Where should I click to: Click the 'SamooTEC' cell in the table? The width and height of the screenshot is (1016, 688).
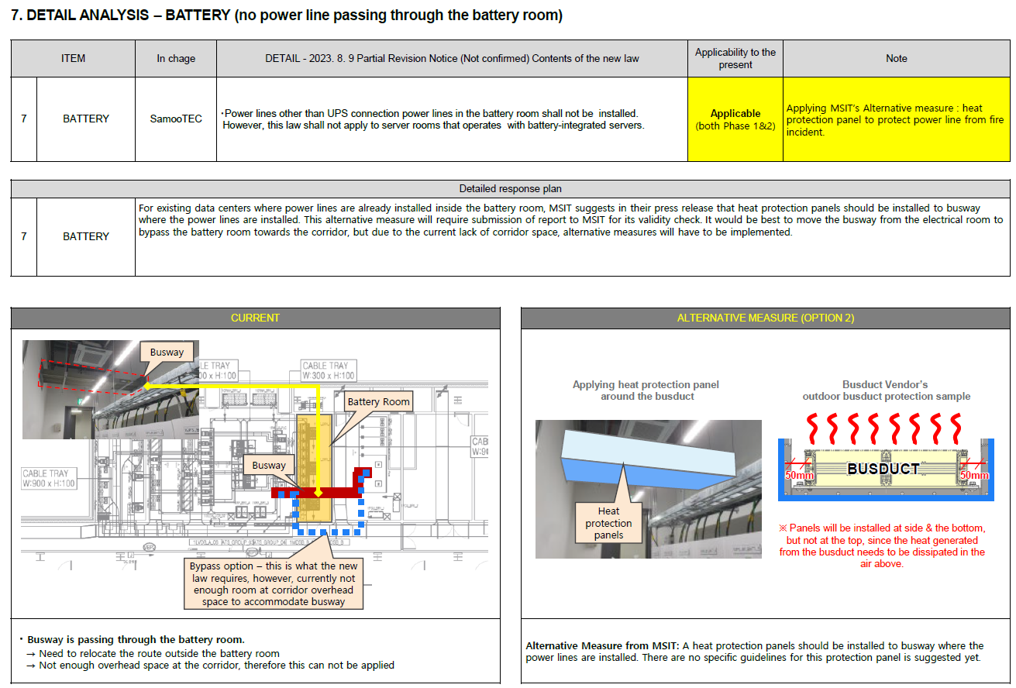(176, 119)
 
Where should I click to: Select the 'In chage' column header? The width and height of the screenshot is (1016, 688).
(176, 58)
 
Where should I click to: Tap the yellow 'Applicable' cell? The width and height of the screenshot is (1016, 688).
(735, 119)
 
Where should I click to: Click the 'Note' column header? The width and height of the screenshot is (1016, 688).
(896, 58)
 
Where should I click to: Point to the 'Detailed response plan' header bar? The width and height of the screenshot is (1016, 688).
(510, 188)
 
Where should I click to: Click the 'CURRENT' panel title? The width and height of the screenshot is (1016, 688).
(255, 318)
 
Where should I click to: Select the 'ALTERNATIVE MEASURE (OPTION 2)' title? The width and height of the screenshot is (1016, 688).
(765, 318)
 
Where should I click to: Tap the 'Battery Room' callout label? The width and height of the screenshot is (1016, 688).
(378, 401)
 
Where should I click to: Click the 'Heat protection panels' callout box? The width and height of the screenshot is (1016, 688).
(608, 522)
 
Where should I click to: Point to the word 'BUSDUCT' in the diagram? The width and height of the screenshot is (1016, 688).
(883, 469)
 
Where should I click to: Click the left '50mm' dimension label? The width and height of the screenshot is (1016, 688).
(800, 475)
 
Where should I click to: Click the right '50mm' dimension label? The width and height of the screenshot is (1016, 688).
(974, 475)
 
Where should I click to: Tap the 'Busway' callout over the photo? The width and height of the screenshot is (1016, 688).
(167, 352)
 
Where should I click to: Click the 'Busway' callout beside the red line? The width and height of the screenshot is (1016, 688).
(268, 465)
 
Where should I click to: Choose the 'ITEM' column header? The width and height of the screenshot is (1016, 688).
(73, 58)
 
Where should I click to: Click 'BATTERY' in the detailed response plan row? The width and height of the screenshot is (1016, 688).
(85, 236)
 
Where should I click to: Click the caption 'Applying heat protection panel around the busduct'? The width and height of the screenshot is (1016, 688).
(646, 390)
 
